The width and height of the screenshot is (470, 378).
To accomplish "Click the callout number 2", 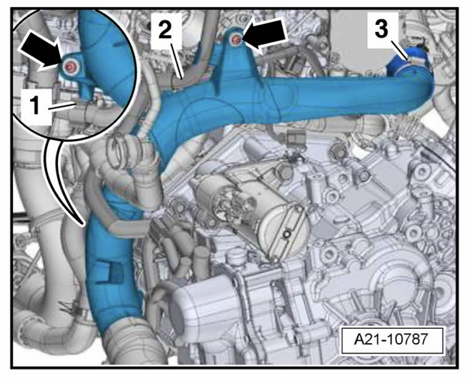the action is [165, 30].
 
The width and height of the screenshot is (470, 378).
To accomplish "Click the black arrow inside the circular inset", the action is [41, 49].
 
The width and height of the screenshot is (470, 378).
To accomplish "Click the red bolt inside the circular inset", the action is [69, 67].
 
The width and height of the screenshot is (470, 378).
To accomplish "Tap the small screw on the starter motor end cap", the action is [288, 233].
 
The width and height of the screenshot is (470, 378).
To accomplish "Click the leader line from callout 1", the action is [61, 106].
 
